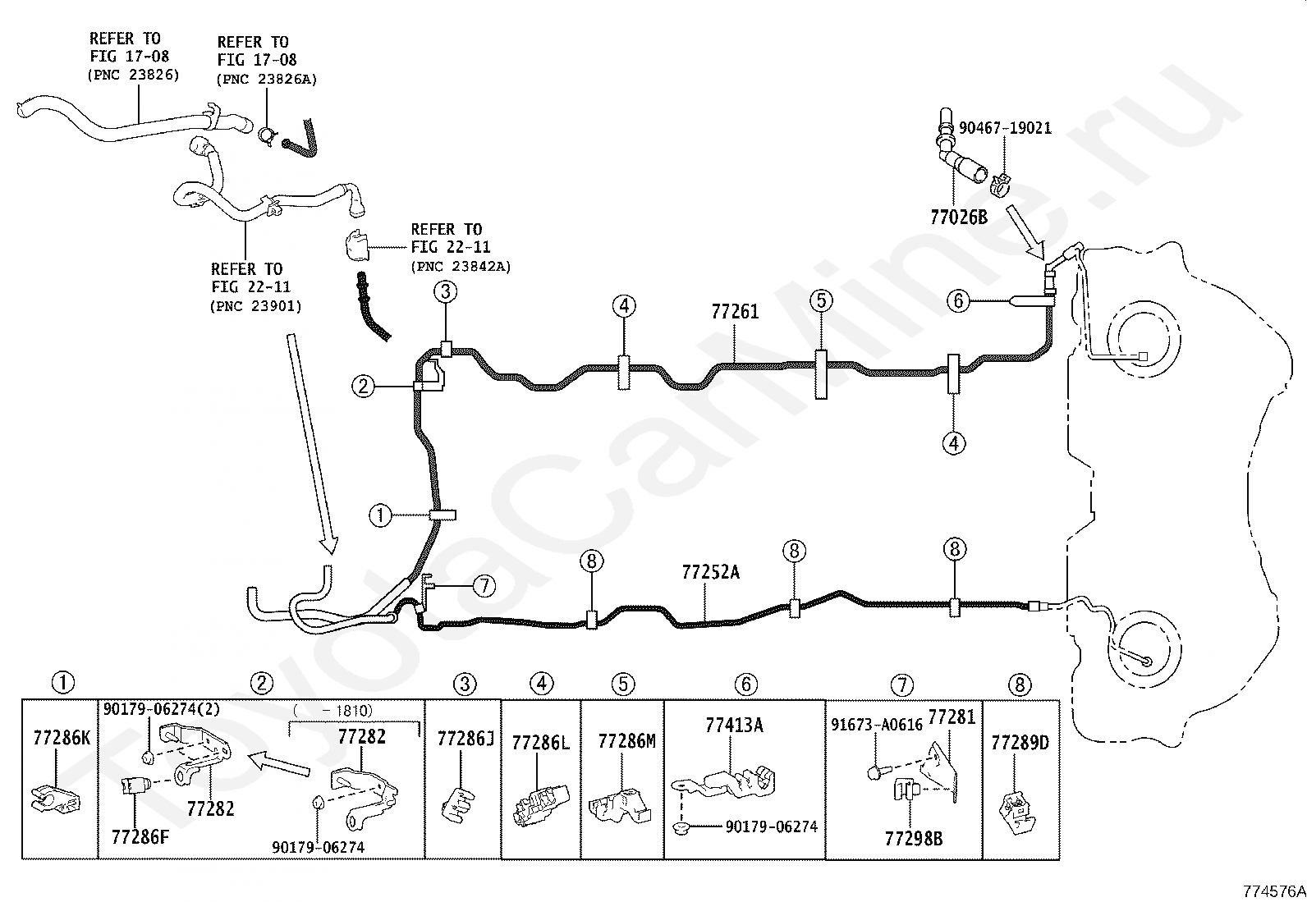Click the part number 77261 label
coord(735,312)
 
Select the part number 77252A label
coord(711,572)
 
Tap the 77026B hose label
coord(959,217)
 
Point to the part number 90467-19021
coord(1006,128)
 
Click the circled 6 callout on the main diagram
coord(958,301)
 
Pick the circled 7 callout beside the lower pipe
coord(484,586)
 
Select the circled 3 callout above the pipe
coord(446,291)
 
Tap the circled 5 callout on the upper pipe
coord(821,300)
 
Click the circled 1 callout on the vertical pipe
coord(380,515)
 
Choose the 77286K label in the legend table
coord(62,738)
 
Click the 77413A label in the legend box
coord(734,725)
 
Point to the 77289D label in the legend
coord(1020,743)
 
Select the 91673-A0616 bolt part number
coord(877,725)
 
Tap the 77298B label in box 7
coord(914,839)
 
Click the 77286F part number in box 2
coord(140,837)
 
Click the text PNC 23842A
coord(461,267)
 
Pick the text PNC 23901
coord(256,306)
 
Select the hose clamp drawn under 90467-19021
coord(999,185)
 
